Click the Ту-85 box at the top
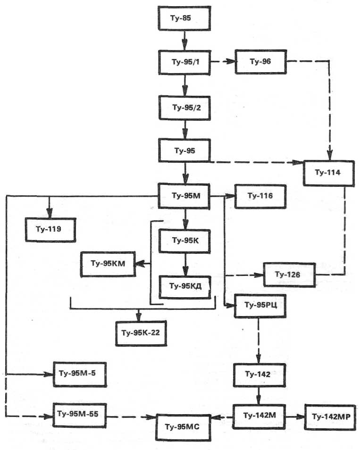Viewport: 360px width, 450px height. [x=184, y=19]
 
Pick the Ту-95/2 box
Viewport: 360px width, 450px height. [x=184, y=108]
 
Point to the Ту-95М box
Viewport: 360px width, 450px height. [x=184, y=195]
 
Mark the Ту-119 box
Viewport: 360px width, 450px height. [x=50, y=229]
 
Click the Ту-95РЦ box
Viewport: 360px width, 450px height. [x=257, y=305]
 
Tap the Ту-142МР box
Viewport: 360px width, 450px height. [x=330, y=417]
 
